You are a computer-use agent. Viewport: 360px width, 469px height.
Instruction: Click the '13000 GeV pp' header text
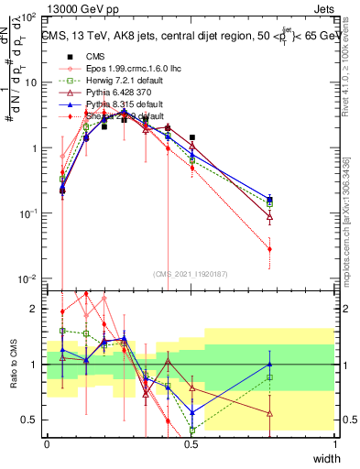click(x=80, y=6)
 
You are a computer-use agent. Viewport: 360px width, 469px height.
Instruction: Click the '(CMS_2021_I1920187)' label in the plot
click(x=191, y=274)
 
